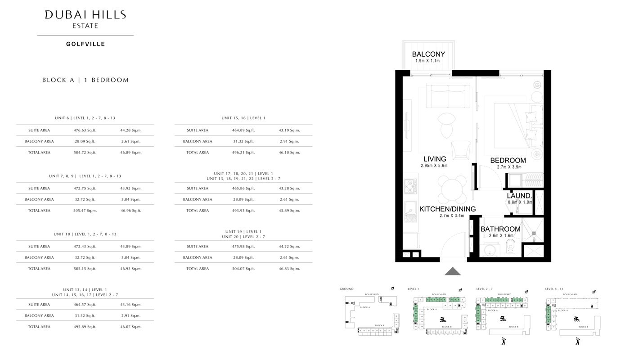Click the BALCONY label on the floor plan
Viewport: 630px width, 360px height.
[x=428, y=54]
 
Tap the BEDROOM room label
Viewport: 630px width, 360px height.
[x=508, y=160]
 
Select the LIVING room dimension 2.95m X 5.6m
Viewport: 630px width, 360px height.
[x=435, y=166]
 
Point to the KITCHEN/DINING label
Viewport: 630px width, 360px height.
[x=447, y=209]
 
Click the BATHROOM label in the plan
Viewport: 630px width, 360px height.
[x=500, y=229]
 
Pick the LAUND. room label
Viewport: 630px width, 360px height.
[x=520, y=196]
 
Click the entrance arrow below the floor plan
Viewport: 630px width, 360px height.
[x=453, y=271]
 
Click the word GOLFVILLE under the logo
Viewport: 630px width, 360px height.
[x=85, y=44]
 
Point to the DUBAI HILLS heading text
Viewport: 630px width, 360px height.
[x=85, y=15]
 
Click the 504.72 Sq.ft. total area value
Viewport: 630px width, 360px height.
[x=85, y=153]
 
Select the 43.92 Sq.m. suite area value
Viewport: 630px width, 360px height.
[x=131, y=189]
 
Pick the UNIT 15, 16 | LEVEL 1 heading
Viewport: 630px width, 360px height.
[x=243, y=118]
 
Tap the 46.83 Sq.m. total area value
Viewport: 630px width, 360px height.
[x=289, y=269]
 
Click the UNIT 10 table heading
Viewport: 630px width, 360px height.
[x=85, y=234]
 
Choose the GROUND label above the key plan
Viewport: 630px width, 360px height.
[x=346, y=289]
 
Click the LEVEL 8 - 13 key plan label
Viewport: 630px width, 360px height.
[x=553, y=289]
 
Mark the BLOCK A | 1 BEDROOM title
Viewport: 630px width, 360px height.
[x=85, y=80]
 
